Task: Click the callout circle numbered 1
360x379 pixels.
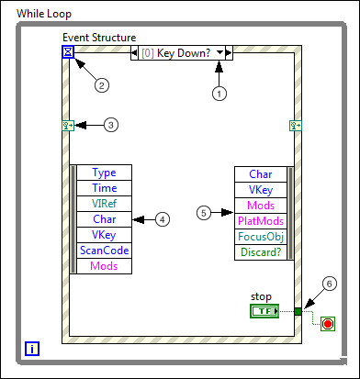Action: tap(219, 93)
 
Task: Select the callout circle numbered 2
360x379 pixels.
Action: tap(103, 85)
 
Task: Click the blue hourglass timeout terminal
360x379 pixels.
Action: tap(68, 52)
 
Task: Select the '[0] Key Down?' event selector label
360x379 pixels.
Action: tap(181, 52)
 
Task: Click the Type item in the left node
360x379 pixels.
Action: tap(105, 173)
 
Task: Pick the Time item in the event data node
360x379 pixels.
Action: tap(105, 188)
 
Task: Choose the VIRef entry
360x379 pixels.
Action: tap(105, 204)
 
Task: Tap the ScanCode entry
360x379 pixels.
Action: tap(105, 251)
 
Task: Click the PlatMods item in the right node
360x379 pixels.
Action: tap(259, 220)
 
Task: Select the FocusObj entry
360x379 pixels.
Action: tap(259, 236)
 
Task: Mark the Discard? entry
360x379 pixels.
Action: tap(259, 251)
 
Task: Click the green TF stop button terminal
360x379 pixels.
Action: tap(265, 312)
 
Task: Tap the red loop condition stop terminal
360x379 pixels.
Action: tap(328, 324)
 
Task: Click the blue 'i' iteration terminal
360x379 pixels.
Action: tap(32, 348)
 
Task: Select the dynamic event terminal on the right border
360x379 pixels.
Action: tap(296, 126)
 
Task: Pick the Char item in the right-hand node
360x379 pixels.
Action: tap(259, 173)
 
